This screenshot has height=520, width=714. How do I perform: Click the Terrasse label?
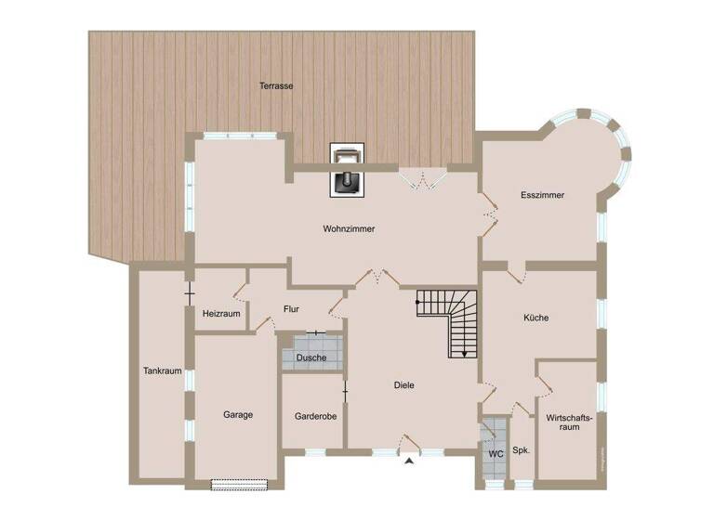(277, 85)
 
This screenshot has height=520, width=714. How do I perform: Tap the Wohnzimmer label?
(349, 228)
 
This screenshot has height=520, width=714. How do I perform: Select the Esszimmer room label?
(543, 195)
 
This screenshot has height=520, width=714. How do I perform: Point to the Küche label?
(535, 318)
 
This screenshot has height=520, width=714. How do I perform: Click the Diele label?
(403, 384)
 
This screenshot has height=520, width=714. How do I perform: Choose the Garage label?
(238, 415)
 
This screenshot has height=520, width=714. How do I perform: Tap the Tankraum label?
(162, 370)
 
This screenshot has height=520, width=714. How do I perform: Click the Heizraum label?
(221, 314)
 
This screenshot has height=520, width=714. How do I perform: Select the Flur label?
(291, 309)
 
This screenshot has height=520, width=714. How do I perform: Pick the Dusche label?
(311, 357)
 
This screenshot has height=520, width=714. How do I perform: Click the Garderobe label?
(315, 416)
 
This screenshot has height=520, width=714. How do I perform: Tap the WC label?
(496, 454)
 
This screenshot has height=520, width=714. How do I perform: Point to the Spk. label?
(522, 450)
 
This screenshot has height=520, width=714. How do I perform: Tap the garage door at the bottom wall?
(240, 484)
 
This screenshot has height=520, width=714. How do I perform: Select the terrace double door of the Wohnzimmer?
(424, 179)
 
